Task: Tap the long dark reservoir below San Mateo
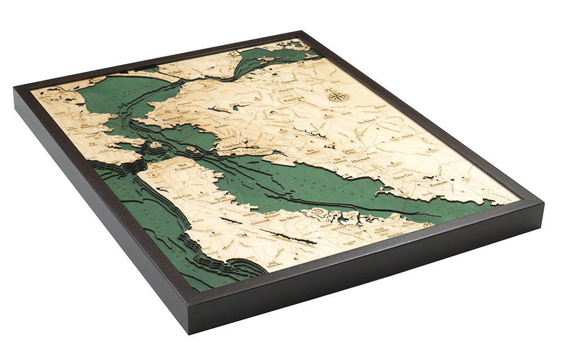click(x=287, y=237)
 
